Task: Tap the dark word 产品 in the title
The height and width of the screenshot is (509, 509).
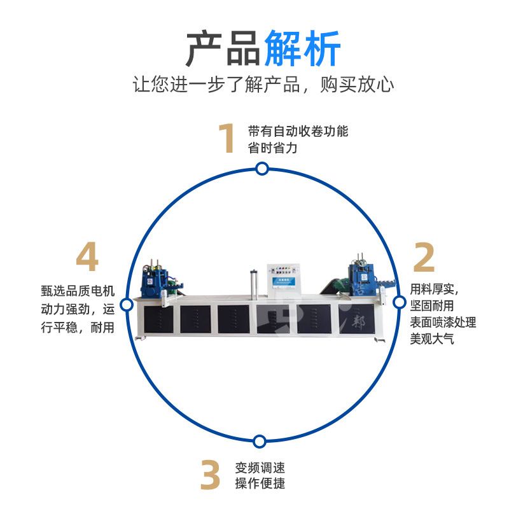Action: click(222, 48)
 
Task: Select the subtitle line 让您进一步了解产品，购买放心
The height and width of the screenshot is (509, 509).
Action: click(263, 85)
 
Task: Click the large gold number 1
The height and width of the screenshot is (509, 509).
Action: click(227, 139)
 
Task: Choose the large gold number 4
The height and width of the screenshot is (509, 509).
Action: click(87, 257)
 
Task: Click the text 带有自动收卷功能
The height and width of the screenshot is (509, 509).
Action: click(298, 132)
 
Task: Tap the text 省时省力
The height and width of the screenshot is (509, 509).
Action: click(272, 148)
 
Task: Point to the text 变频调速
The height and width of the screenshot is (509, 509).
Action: click(260, 468)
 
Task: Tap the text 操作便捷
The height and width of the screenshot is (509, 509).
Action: click(260, 484)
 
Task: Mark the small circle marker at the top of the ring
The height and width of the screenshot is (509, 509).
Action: click(261, 169)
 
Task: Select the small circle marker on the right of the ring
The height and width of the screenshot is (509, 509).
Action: click(399, 302)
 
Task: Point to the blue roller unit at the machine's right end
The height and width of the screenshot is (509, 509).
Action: click(359, 279)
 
